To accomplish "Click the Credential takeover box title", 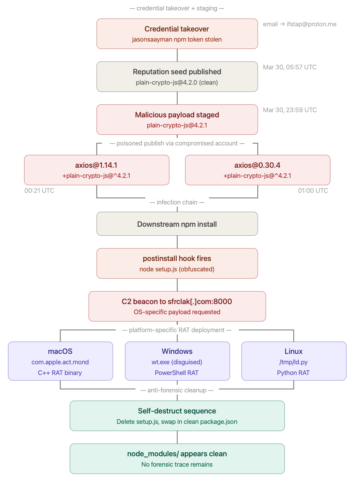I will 177,29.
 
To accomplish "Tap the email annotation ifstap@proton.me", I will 299,24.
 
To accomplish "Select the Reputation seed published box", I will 177,76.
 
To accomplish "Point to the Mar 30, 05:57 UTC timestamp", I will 289,67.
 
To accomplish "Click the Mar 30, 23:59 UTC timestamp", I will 290,110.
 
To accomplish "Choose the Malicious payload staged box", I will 177,119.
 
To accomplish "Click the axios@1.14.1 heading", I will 96,165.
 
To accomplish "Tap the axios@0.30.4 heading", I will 257,165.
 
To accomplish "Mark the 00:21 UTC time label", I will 39,191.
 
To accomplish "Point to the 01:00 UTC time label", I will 313,191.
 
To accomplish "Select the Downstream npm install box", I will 177,224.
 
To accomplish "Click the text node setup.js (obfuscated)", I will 177,269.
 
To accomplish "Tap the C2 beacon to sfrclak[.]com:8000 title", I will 177,302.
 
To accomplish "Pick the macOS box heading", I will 60,351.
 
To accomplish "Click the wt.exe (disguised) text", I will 177,362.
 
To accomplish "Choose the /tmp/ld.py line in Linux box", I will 293,362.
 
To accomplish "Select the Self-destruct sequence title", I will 177,411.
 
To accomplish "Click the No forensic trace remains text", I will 177,464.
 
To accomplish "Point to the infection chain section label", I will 177,202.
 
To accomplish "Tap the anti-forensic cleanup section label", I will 177,390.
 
